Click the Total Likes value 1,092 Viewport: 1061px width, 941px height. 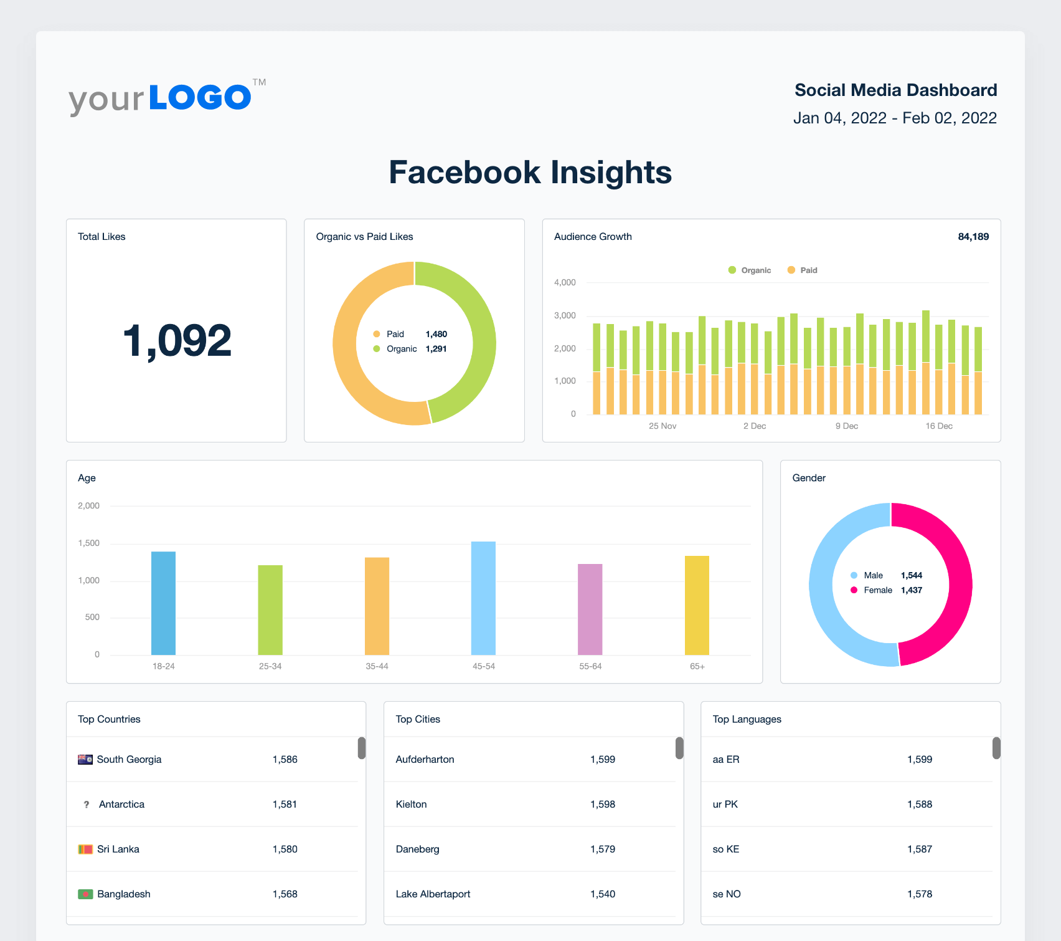coord(177,342)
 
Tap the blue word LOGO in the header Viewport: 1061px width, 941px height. coord(200,98)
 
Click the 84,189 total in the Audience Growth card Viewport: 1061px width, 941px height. coord(973,237)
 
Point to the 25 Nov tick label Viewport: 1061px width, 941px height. coord(662,426)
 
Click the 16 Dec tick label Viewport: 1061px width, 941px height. coord(938,426)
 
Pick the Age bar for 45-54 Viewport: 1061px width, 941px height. coord(483,598)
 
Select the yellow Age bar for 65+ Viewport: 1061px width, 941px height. coord(697,605)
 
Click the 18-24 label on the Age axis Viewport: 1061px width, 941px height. coord(163,667)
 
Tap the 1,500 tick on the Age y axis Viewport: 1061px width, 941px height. coord(88,543)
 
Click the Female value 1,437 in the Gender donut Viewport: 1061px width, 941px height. coord(911,590)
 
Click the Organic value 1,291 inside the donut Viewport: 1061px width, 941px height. coord(436,349)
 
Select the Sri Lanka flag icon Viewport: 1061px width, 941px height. coord(85,849)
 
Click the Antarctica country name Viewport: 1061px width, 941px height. coord(121,805)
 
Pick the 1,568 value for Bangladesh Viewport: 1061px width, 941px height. coord(285,894)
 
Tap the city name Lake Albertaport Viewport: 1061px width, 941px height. coord(433,894)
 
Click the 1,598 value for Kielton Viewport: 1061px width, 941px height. coord(602,805)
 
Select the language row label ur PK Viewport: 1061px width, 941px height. coord(725,805)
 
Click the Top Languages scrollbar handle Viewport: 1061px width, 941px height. coord(996,748)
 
